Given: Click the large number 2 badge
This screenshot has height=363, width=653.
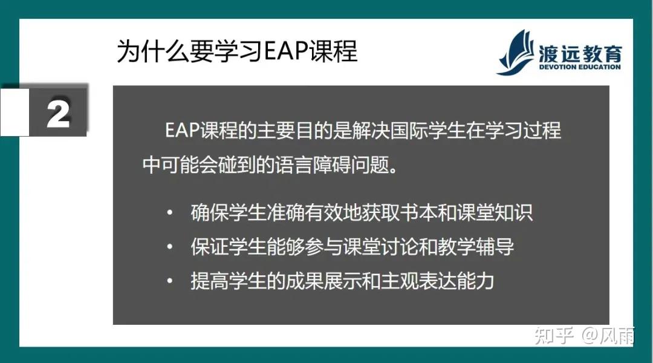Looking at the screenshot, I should point(59,113).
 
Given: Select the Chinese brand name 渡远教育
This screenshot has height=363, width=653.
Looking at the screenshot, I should point(580,53).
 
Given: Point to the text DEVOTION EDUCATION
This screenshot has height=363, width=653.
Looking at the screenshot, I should point(580,67).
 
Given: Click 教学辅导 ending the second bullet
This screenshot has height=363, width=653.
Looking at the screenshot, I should point(476,247).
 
